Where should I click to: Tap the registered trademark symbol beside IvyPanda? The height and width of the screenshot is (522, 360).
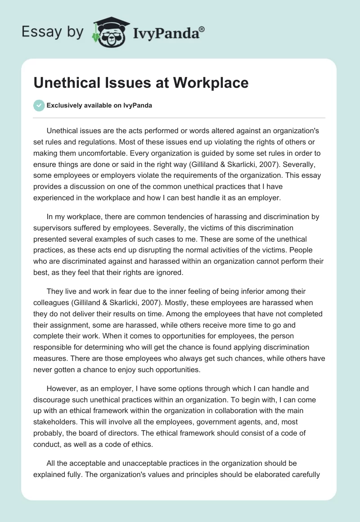pyautogui.click(x=202, y=28)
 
